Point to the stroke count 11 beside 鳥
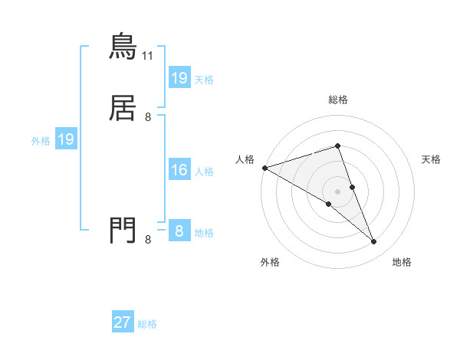click(148, 56)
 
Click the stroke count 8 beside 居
click(148, 117)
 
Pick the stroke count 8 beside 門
click(148, 240)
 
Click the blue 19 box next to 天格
click(179, 77)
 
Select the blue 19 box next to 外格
click(66, 139)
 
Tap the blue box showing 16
click(179, 170)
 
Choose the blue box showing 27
click(123, 322)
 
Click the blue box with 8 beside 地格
click(179, 231)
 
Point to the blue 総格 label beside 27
click(147, 324)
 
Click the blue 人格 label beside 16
click(204, 171)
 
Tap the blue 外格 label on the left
click(41, 140)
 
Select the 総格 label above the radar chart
click(337, 100)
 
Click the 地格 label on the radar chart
click(402, 263)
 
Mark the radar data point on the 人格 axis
click(264, 167)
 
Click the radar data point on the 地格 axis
click(374, 242)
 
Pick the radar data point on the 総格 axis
click(337, 146)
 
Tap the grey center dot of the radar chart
click(337, 191)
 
